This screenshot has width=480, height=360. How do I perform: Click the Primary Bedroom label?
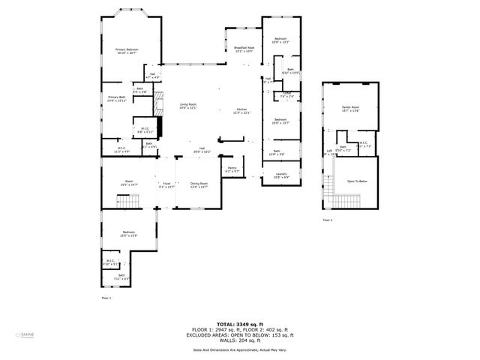point(126,50)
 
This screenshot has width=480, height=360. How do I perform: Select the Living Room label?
point(187,105)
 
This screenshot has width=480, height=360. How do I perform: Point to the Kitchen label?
point(242,110)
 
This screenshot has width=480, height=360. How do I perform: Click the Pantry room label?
point(232,169)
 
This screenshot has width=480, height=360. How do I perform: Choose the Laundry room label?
point(281,175)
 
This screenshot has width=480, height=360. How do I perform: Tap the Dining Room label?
point(199,184)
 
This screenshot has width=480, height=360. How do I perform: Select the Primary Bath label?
point(116,98)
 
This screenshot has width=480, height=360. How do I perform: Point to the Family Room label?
point(350,109)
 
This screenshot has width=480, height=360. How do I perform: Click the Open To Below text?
point(356,181)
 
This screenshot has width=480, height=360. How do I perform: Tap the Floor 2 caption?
point(328,220)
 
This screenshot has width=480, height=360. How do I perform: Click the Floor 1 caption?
point(106,298)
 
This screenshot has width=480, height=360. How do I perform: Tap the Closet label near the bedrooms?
point(286,94)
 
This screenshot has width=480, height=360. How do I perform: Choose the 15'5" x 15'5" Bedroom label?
point(129,234)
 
